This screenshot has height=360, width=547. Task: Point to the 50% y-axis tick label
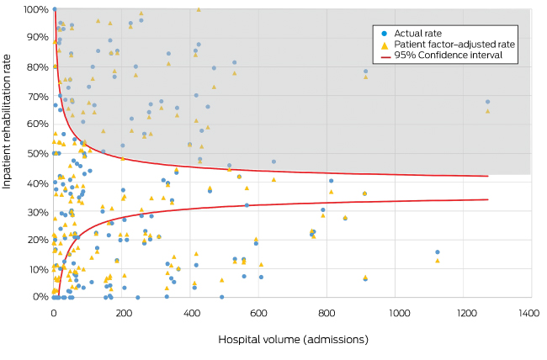(36, 153)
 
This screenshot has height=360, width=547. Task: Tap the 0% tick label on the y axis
(40, 296)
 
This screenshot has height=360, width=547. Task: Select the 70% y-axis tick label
(36, 96)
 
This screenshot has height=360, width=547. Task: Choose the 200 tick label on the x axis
(123, 313)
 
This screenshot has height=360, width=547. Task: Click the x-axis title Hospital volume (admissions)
(293, 340)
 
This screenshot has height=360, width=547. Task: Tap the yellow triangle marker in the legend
(385, 44)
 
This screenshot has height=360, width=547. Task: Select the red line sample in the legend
(385, 55)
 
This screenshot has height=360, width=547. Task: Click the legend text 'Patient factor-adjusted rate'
(454, 44)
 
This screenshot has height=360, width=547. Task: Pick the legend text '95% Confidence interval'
(449, 55)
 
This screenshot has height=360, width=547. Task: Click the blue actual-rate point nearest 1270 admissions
(487, 102)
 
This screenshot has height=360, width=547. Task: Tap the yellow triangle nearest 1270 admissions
(487, 110)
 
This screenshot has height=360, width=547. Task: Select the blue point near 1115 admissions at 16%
(437, 251)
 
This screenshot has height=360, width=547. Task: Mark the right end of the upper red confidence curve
(488, 176)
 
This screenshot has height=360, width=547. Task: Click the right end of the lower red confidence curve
(488, 199)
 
